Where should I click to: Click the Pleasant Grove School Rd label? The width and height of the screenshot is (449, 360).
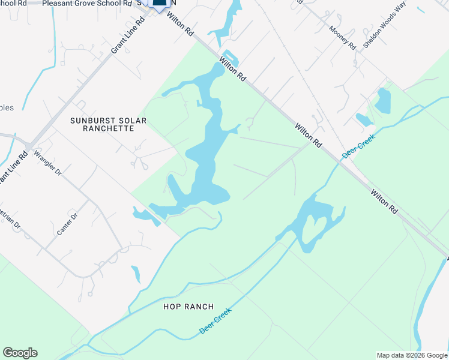coord(86,4)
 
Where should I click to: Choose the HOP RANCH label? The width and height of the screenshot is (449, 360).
coord(188,307)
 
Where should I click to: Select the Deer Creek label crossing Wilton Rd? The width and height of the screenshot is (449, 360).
coord(358,146)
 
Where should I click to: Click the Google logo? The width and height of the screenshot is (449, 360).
coord(20,353)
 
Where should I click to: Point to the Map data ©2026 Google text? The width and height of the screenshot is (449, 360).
coord(411,355)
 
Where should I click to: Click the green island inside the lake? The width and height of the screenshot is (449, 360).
coord(313,230)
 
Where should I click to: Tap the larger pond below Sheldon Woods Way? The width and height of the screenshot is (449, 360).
coord(382,100)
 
